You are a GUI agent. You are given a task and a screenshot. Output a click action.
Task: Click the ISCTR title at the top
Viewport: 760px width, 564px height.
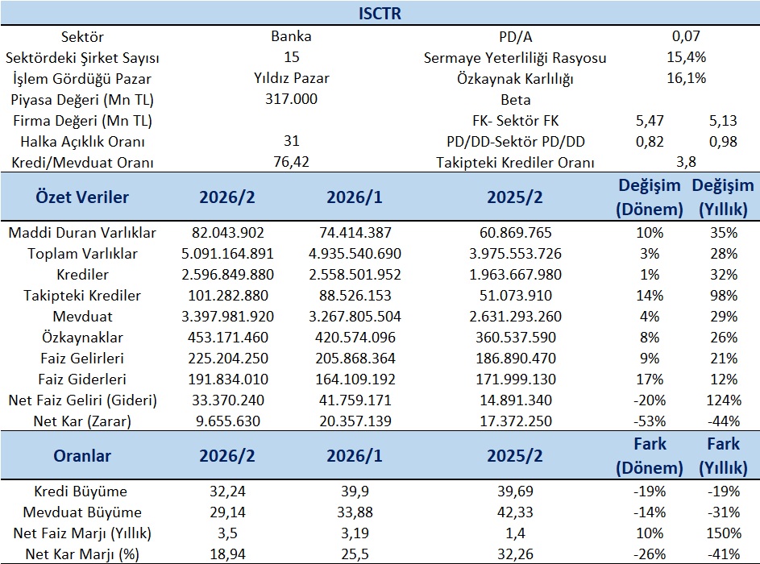[380, 13]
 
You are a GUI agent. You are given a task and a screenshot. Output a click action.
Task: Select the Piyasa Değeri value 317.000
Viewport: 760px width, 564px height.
[291, 99]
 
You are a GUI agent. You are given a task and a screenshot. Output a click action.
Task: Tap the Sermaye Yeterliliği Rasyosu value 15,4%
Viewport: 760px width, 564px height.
[687, 57]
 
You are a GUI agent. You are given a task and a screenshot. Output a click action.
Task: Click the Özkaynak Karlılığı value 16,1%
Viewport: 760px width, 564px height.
[687, 78]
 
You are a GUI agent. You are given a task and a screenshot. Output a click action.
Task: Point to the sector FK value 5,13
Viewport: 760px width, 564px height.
[723, 120]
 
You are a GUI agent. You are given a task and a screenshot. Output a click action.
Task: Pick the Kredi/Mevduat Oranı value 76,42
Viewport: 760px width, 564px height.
[291, 162]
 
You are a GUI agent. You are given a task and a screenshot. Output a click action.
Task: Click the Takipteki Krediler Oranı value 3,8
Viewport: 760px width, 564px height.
[687, 162]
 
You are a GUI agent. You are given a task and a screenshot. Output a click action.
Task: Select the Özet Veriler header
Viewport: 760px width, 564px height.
[82, 197]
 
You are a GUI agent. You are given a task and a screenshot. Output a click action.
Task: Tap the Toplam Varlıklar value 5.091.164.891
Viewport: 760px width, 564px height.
[227, 254]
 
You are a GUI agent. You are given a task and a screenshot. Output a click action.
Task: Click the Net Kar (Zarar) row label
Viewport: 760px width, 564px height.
[82, 421]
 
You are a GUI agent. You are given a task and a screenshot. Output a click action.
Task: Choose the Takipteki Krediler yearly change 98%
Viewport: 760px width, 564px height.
[724, 296]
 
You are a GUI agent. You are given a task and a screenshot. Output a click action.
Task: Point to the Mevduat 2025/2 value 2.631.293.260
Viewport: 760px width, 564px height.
[515, 317]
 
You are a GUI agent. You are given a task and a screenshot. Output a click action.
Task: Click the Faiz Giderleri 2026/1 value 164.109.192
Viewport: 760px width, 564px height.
[355, 379]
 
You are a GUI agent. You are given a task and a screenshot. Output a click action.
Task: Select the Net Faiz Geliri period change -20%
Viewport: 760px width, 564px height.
[650, 400]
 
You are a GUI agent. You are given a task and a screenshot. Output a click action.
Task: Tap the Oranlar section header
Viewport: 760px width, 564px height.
[82, 456]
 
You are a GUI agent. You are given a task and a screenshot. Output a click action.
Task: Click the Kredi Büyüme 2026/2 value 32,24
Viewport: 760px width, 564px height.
[227, 491]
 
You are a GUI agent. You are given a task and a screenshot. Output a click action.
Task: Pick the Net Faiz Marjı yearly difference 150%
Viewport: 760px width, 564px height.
[724, 533]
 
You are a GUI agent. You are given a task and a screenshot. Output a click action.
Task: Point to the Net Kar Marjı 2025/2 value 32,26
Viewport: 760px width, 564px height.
[515, 554]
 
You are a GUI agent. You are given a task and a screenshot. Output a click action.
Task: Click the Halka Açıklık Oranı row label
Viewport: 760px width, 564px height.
[82, 142]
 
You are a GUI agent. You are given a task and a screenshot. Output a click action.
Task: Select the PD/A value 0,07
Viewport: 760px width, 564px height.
[687, 36]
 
